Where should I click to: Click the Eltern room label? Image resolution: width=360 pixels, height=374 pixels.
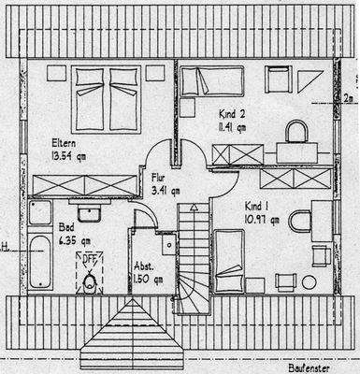(x=65, y=143)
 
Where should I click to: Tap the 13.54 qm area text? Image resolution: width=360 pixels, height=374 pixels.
(x=68, y=156)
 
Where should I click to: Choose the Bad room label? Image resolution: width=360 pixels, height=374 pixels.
(x=66, y=226)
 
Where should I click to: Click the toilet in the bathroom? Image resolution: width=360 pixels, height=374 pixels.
(x=90, y=282)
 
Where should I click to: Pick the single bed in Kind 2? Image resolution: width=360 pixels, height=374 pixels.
(x=211, y=81)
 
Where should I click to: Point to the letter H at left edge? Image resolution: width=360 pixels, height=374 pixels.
(x=4, y=248)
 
